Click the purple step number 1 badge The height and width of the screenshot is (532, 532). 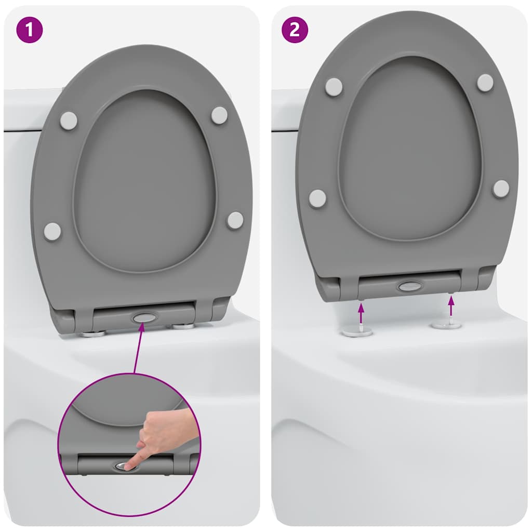(x=29, y=30)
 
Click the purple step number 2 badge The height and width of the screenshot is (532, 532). (x=295, y=30)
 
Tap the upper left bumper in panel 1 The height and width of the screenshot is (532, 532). (x=69, y=121)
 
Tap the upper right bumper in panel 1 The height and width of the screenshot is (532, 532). (x=219, y=115)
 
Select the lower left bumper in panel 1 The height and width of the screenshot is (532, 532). (x=52, y=232)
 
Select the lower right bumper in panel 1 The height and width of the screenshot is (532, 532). (x=235, y=220)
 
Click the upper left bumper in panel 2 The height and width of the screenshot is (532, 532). (x=334, y=86)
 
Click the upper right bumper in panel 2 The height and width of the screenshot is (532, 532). (x=485, y=82)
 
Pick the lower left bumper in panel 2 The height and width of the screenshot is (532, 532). (x=317, y=198)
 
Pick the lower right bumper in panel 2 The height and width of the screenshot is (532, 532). (x=501, y=189)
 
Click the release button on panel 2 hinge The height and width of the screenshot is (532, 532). (x=410, y=286)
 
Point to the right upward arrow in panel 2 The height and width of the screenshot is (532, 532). (x=450, y=307)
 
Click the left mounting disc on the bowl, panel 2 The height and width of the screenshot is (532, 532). (x=358, y=331)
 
